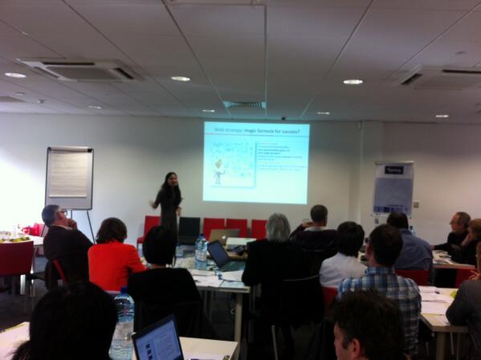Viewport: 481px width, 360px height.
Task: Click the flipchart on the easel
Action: coord(69,177)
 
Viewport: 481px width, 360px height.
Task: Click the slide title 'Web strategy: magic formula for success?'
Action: coord(255,128)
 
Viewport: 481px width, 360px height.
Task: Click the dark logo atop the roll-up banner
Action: coord(394,170)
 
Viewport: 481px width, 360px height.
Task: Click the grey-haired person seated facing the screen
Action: coord(276,257)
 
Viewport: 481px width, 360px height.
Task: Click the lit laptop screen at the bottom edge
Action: coord(159,339)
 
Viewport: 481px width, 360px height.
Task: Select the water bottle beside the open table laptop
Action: coord(201,252)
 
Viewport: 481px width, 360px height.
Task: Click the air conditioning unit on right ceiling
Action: coord(438,77)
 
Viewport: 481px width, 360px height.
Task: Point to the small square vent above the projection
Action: coord(244,104)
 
